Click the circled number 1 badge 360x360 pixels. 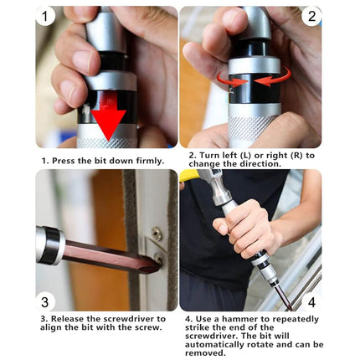(46, 16)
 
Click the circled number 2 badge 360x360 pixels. (311, 16)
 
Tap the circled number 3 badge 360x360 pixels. (46, 301)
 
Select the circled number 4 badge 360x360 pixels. (311, 301)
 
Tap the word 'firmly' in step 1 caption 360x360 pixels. (147, 159)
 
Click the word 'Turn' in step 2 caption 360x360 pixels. (209, 155)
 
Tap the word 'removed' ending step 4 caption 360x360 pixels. (205, 352)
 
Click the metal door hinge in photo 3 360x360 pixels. (157, 251)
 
